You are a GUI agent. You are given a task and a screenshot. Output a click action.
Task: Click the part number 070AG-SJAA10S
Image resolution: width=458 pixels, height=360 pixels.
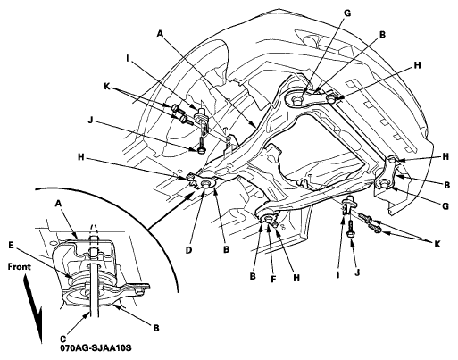click(96, 347)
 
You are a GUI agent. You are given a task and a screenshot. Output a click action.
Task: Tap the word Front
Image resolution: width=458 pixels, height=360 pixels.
click(20, 266)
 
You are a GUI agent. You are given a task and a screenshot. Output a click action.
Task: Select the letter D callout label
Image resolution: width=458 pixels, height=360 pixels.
click(188, 250)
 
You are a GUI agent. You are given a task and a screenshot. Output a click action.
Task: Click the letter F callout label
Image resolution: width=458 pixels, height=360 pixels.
click(273, 279)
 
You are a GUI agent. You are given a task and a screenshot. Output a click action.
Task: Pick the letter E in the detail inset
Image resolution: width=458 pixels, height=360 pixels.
click(11, 245)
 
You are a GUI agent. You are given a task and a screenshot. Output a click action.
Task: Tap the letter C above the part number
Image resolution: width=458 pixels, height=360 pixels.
click(63, 339)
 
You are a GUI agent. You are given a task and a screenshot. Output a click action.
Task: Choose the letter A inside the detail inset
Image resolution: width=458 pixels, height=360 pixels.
click(59, 204)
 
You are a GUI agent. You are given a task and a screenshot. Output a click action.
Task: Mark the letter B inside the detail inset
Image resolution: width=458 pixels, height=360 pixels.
click(156, 328)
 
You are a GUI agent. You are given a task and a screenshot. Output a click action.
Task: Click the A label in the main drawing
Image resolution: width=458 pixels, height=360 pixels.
click(160, 34)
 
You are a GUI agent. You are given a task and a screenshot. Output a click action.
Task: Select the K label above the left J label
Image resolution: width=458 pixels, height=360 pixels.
click(107, 87)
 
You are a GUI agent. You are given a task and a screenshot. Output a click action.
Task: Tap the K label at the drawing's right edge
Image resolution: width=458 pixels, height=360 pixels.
click(437, 244)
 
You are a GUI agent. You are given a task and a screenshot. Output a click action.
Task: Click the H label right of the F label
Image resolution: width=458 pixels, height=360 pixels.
click(296, 278)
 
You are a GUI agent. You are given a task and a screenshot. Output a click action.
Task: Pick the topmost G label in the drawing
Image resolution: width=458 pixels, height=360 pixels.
click(347, 13)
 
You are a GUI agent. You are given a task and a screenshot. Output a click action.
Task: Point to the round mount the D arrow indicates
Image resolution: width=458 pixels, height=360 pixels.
click(205, 185)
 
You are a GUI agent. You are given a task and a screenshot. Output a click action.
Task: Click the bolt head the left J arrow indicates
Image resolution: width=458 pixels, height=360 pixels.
click(202, 150)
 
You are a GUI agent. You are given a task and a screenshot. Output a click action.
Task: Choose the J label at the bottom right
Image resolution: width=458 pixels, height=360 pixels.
click(358, 272)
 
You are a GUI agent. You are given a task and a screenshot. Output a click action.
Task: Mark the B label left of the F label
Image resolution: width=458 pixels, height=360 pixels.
click(253, 276)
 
